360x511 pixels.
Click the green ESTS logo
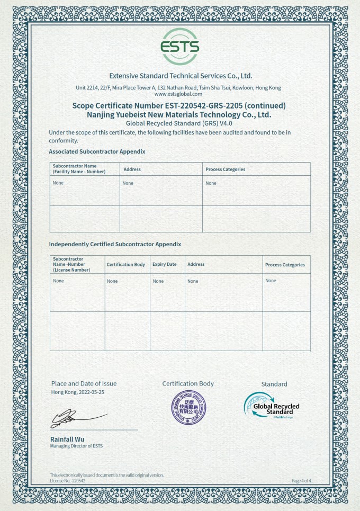click(x=180, y=47)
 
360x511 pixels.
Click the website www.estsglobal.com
click(x=178, y=94)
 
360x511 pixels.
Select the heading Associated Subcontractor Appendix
click(x=97, y=151)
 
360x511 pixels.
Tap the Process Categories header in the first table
click(x=225, y=169)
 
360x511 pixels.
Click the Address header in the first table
click(x=132, y=169)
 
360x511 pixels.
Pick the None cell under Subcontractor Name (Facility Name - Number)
click(x=58, y=183)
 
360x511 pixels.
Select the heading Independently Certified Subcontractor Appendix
click(x=115, y=244)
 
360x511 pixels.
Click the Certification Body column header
click(x=126, y=264)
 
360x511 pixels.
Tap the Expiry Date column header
click(x=165, y=264)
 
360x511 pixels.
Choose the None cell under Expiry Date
click(x=158, y=281)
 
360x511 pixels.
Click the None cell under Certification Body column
click(x=112, y=281)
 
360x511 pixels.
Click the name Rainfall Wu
click(x=67, y=439)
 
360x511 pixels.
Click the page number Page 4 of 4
click(x=301, y=480)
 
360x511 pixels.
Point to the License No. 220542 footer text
click(x=67, y=480)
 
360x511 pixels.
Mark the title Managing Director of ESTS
click(x=76, y=446)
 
